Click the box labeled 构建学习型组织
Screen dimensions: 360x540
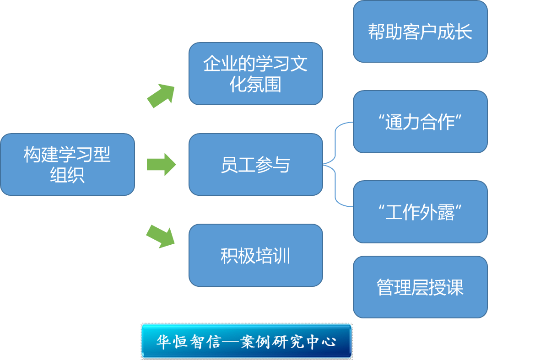click(67, 165)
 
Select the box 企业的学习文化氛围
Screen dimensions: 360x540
click(255, 74)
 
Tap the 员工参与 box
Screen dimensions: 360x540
click(255, 165)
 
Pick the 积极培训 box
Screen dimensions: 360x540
click(255, 255)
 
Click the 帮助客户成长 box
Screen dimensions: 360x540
click(420, 32)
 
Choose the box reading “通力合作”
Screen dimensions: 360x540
click(420, 122)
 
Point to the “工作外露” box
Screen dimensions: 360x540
click(420, 212)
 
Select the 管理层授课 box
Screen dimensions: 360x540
click(420, 287)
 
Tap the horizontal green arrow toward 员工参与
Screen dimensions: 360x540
click(161, 165)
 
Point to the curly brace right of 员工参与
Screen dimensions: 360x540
click(336, 165)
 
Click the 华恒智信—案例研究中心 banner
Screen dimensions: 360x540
click(246, 341)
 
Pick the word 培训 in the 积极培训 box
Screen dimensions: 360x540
click(273, 256)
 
